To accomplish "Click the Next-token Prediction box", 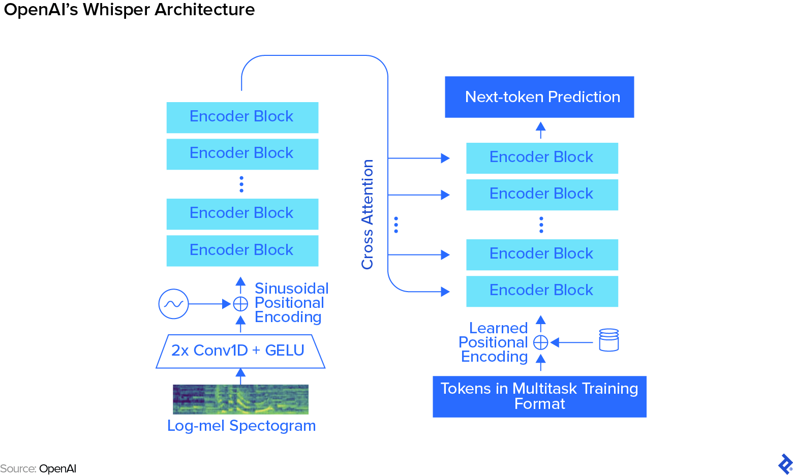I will click(x=539, y=97).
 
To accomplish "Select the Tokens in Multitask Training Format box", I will click(x=539, y=396).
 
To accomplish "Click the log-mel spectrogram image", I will click(x=240, y=399).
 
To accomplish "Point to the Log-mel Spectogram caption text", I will click(x=241, y=426).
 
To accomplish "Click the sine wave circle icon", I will click(x=173, y=304).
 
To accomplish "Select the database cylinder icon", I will click(x=608, y=340).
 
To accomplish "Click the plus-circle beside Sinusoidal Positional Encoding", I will click(x=240, y=304).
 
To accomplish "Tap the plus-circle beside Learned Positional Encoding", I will click(x=541, y=342).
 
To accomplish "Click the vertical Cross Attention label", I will click(x=368, y=214).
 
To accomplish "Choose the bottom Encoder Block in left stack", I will click(x=242, y=250).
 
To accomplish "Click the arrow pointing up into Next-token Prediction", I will click(x=541, y=130).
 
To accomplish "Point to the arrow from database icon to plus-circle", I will click(x=572, y=342).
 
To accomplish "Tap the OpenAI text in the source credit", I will click(x=57, y=468).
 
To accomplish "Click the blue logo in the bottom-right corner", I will click(x=784, y=464).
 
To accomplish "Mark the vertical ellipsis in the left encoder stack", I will click(x=241, y=184).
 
